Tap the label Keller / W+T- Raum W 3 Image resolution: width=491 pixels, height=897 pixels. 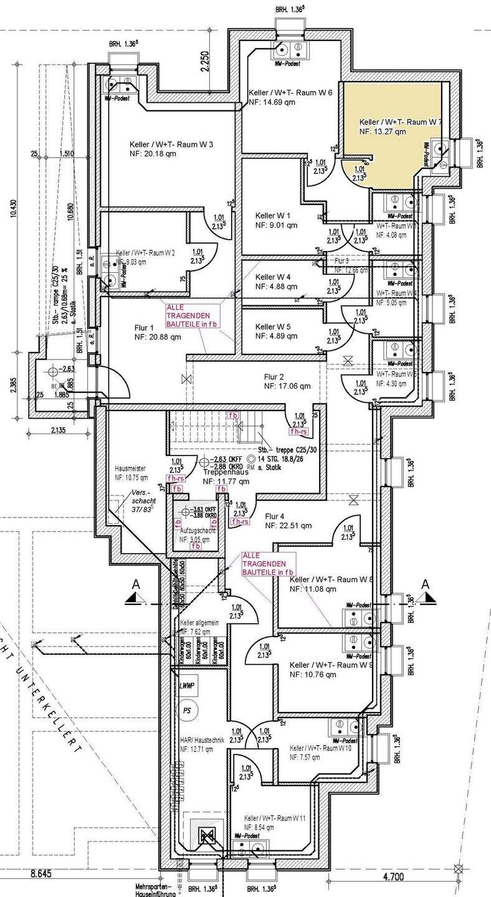(x=171, y=145)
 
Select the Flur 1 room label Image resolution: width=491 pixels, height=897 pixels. (x=143, y=328)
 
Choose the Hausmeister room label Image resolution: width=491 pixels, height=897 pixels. (x=131, y=468)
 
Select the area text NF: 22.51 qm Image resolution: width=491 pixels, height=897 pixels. (x=288, y=525)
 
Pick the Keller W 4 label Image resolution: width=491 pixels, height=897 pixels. (x=273, y=277)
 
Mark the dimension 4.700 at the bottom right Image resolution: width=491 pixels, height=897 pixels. (x=393, y=876)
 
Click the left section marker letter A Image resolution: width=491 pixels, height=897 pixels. (x=135, y=584)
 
